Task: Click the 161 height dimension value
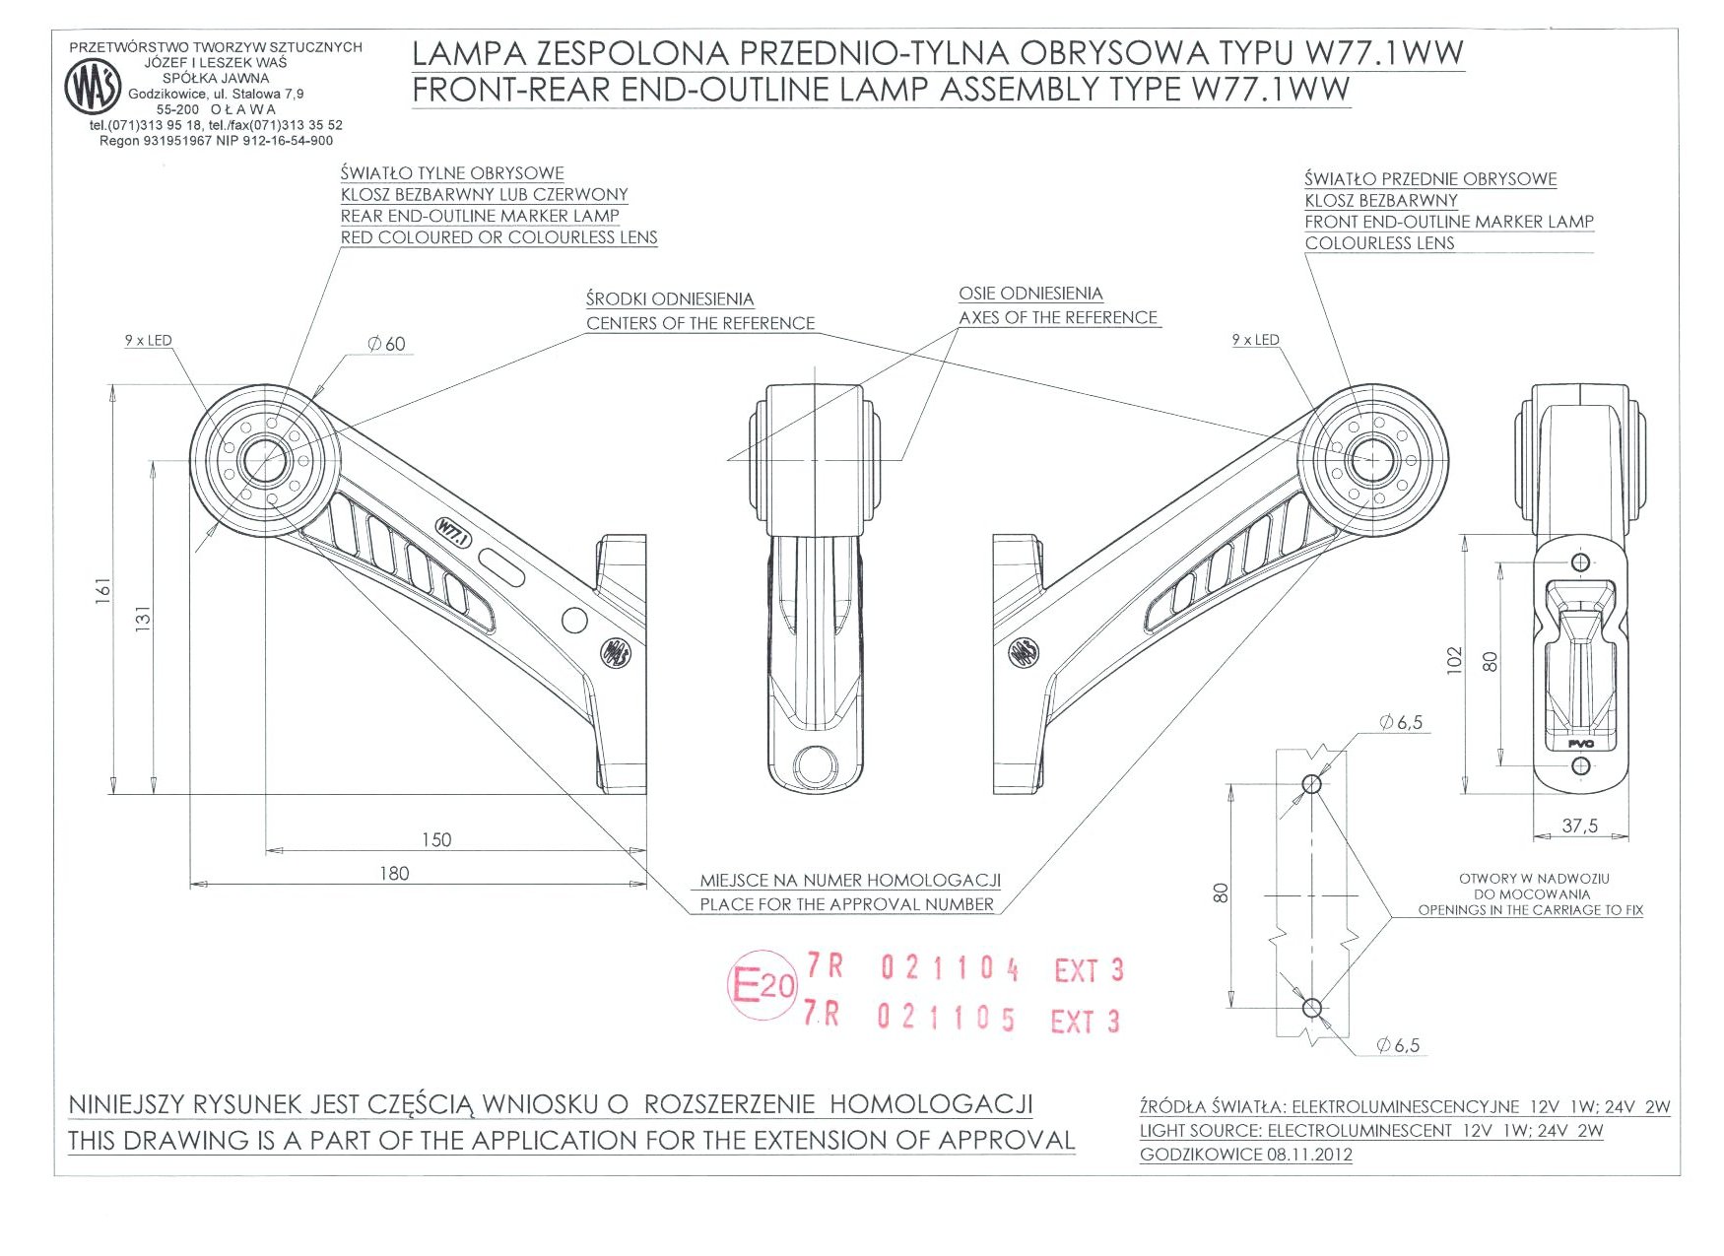[x=103, y=590]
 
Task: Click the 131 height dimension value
[x=144, y=619]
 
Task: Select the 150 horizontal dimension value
[x=435, y=839]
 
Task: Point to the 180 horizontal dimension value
[x=394, y=873]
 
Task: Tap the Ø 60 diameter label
[x=386, y=344]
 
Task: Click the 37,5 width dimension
[x=1579, y=826]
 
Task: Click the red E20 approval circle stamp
[x=762, y=984]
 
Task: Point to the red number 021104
[x=950, y=969]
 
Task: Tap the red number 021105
[x=946, y=1017]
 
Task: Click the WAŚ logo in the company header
[x=93, y=87]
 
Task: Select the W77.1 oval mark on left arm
[x=454, y=533]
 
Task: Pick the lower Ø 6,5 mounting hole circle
[x=1311, y=1008]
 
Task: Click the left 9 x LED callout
[x=148, y=341]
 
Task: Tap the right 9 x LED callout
[x=1255, y=340]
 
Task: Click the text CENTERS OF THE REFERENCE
[x=700, y=323]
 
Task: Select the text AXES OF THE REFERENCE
[x=1058, y=317]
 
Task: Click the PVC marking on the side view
[x=1580, y=744]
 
